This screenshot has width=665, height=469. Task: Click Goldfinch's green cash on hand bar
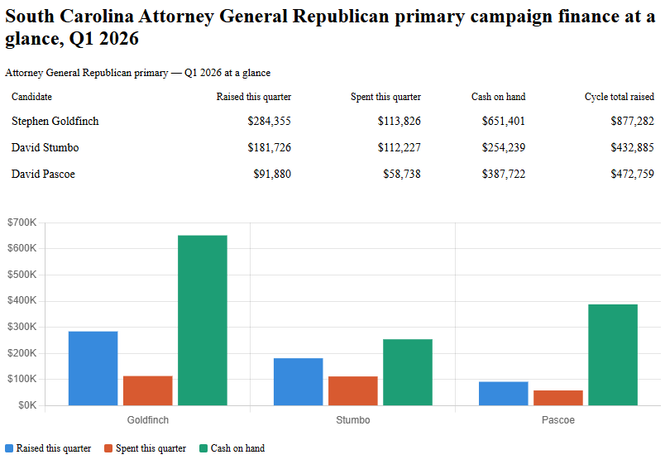(x=203, y=320)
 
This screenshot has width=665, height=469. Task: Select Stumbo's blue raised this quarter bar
(x=298, y=381)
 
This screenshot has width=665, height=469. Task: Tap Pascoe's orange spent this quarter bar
(x=558, y=398)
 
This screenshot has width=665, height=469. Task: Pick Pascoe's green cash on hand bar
(x=613, y=355)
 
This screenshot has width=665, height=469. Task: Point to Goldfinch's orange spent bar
(x=148, y=390)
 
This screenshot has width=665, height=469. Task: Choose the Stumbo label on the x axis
(x=353, y=420)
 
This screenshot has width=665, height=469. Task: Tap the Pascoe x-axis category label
(x=558, y=420)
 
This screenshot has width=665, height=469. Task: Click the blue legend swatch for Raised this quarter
(x=10, y=448)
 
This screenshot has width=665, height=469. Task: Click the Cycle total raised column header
(x=619, y=97)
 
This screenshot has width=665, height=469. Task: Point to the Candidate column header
(x=32, y=97)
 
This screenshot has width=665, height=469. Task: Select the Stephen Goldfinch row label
(x=55, y=122)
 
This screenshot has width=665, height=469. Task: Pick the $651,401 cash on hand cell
(x=503, y=122)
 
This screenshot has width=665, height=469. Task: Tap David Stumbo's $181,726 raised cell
(x=269, y=148)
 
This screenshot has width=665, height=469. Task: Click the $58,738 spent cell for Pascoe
(x=402, y=175)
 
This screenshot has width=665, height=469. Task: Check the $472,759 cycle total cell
(x=632, y=175)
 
